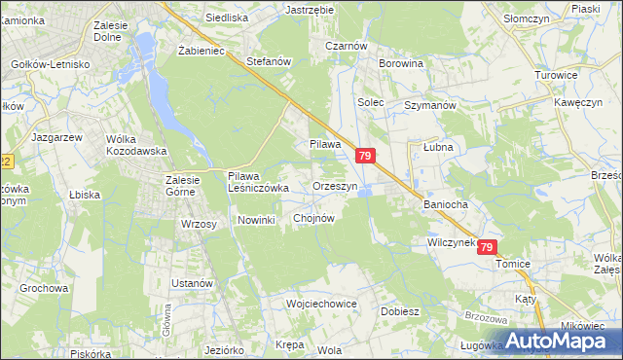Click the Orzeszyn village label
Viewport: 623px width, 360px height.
(336, 185)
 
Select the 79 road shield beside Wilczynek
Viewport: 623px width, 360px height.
(488, 248)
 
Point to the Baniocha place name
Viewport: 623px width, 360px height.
(446, 205)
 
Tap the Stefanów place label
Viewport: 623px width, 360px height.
(270, 61)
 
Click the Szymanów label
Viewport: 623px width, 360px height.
(430, 104)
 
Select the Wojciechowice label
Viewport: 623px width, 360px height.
(322, 304)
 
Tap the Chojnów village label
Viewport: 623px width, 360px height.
(313, 219)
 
